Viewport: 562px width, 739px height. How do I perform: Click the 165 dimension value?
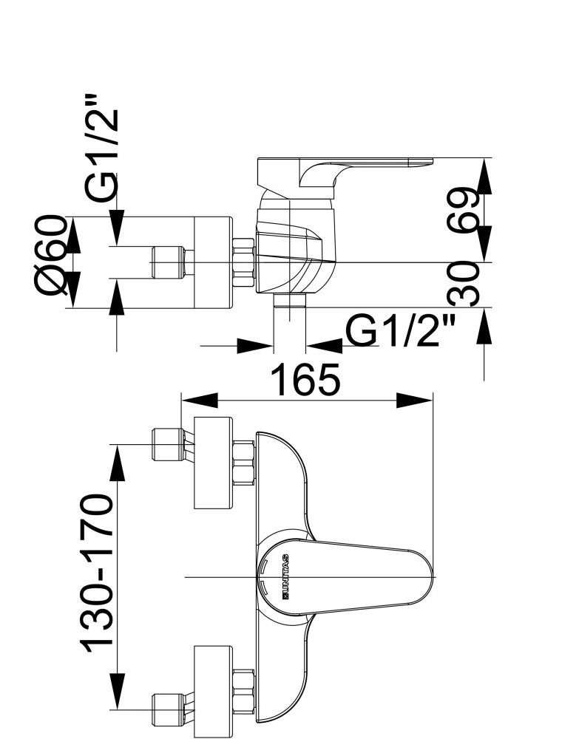pos(305,379)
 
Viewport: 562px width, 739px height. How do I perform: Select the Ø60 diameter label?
pos(50,261)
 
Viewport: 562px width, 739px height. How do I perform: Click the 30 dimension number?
pos(464,285)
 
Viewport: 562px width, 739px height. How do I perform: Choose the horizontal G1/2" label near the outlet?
pos(402,330)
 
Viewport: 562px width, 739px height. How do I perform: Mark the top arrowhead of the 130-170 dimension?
pos(117,463)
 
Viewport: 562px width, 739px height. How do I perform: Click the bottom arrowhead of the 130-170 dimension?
pos(117,703)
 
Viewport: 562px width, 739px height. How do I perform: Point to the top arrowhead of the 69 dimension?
pos(484,176)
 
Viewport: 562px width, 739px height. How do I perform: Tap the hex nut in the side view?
pos(244,262)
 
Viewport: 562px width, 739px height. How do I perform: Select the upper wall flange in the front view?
pos(213,463)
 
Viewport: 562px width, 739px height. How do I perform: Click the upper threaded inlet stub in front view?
pos(167,444)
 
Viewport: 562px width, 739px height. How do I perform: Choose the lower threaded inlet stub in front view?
pos(167,709)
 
